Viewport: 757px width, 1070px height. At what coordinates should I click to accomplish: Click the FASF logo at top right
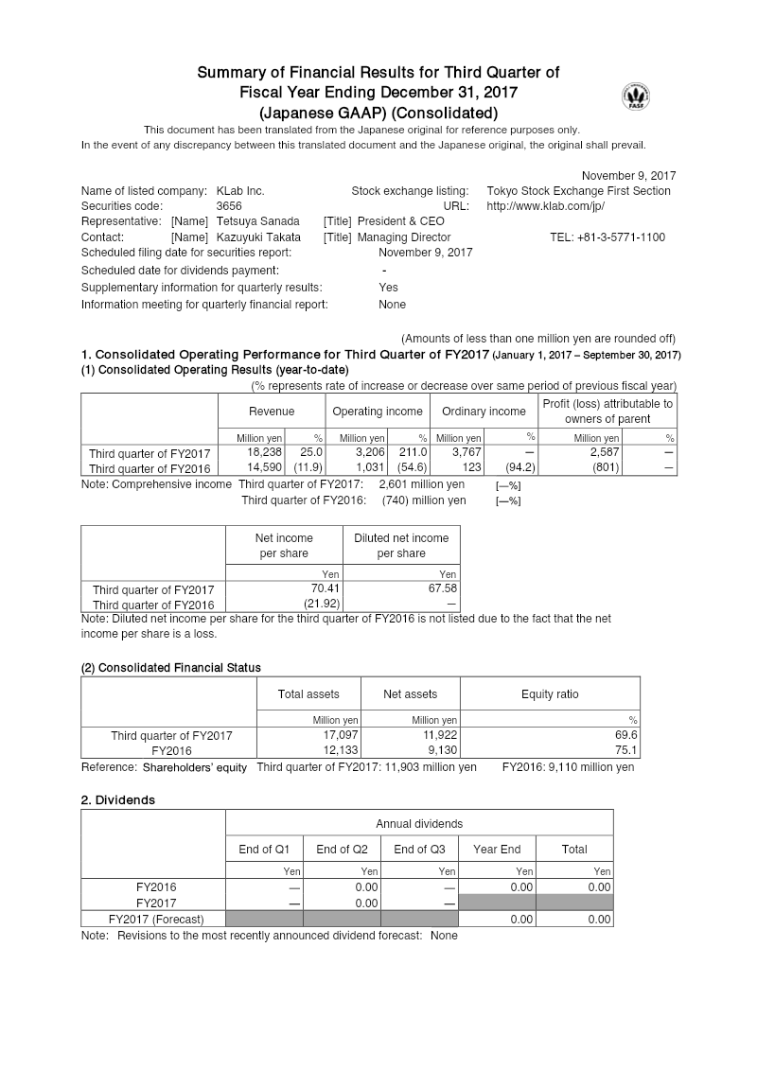pos(636,96)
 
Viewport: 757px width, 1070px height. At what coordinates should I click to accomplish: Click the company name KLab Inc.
pos(240,190)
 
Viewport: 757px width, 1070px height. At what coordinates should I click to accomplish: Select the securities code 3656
pos(229,205)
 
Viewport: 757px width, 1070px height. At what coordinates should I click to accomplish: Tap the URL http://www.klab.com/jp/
pos(545,205)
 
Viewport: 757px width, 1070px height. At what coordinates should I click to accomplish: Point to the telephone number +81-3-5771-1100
pos(607,237)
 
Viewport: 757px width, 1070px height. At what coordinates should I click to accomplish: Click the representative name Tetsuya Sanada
pos(258,221)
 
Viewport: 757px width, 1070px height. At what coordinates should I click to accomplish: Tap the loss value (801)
pos(607,467)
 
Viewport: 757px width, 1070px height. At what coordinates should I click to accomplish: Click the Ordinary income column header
pos(483,412)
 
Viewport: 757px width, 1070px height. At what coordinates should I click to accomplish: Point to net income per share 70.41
pos(326,588)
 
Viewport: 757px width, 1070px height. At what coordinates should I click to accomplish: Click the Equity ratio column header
pos(549,694)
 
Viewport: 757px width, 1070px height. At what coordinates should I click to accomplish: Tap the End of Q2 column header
pos(341,849)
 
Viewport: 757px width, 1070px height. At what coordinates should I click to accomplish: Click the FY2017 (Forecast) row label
pos(156,919)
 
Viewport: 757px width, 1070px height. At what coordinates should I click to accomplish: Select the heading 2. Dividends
pos(118,799)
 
